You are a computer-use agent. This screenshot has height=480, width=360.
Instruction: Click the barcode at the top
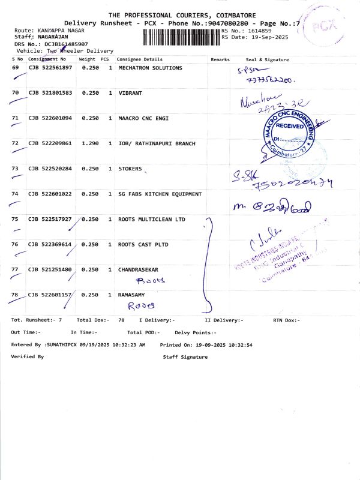182,37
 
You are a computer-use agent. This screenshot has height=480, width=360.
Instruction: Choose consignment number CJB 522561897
50,68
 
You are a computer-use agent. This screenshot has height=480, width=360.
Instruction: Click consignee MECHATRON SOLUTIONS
150,68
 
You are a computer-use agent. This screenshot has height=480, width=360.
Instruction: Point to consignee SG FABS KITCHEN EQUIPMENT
160,194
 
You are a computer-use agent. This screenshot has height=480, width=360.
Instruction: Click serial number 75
16,219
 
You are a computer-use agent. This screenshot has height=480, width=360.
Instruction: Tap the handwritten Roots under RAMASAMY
145,305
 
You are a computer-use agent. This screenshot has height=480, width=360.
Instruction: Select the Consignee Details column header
139,59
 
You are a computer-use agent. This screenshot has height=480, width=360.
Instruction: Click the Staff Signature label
185,357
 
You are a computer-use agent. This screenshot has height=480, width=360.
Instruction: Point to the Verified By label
27,357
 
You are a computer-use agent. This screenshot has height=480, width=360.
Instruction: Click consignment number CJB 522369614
50,244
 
